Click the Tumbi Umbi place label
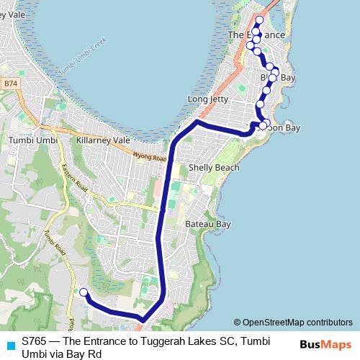tap(32, 139)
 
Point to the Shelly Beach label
tap(213, 168)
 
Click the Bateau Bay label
tap(207, 225)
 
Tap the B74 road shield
tap(9, 84)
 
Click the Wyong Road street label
tap(150, 155)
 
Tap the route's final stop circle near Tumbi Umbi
tap(83, 292)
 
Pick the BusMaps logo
tap(325, 345)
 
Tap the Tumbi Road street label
tap(53, 245)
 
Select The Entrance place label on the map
tap(256, 35)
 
